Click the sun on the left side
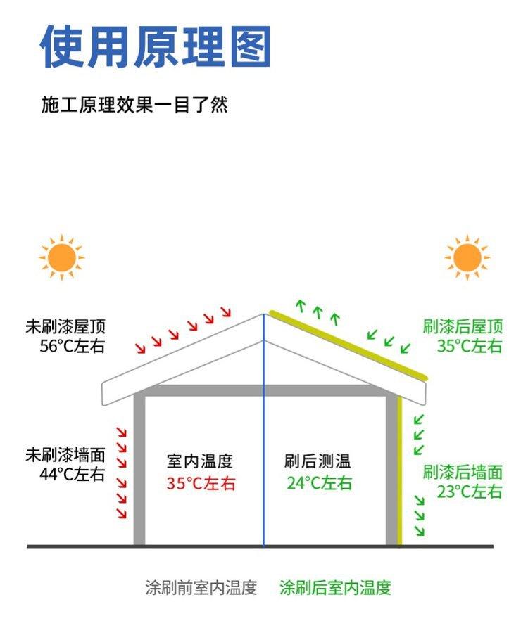[61, 257]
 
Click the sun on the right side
[467, 257]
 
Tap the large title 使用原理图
[156, 47]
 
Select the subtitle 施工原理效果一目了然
[134, 105]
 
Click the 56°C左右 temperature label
[73, 345]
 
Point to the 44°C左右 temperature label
[72, 473]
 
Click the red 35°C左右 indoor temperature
[201, 483]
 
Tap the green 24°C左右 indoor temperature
[319, 483]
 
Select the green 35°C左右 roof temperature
[470, 345]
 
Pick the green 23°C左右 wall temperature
[470, 491]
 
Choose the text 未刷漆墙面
[65, 454]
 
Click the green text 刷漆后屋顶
[463, 326]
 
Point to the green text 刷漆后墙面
[463, 472]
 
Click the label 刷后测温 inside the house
[317, 461]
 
